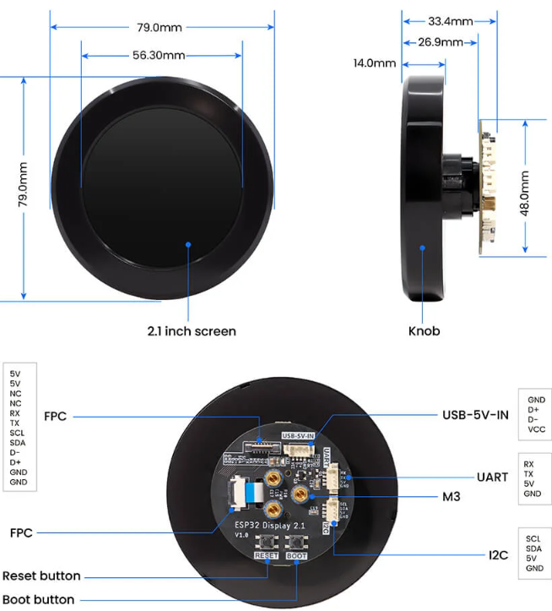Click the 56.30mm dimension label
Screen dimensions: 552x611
click(159, 56)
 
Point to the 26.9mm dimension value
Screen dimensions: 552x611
click(441, 42)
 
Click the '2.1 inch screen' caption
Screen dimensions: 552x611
click(192, 331)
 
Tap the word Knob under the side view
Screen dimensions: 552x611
click(424, 331)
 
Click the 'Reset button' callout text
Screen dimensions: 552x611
click(41, 576)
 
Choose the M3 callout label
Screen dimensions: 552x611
click(451, 497)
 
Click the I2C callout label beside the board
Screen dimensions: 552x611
click(496, 555)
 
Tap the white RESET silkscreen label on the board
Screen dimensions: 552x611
click(266, 557)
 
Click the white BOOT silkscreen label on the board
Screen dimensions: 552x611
click(296, 557)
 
